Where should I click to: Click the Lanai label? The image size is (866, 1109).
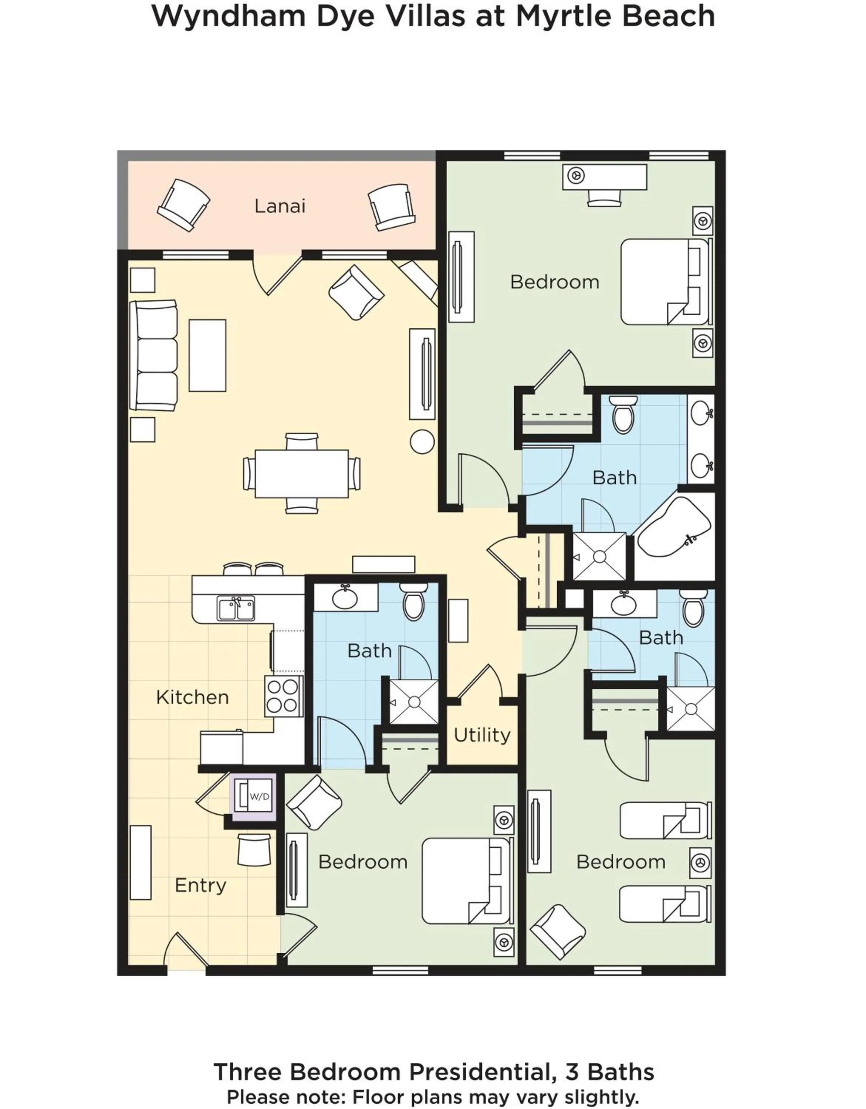point(280,206)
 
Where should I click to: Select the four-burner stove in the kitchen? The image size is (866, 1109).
point(283,696)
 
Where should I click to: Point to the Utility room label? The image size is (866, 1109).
point(481,735)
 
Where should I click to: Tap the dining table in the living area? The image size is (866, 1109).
point(302,473)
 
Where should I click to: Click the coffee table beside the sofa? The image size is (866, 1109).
point(207,356)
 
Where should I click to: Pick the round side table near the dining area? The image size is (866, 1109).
point(422,441)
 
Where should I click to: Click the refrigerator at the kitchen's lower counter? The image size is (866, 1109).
point(221,747)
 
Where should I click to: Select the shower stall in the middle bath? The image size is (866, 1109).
point(413,702)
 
